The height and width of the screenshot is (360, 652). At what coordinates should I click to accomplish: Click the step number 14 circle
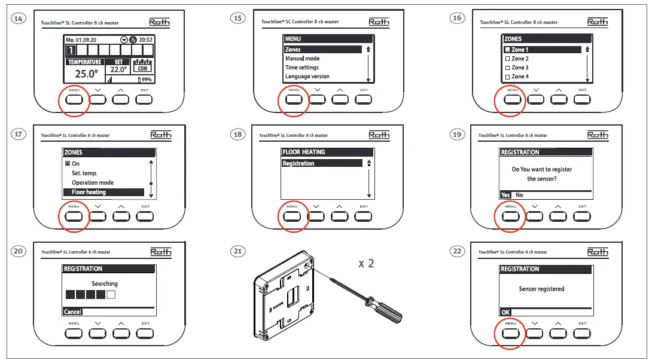pos(19,19)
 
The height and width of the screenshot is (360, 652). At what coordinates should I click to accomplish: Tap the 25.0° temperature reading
pos(86,74)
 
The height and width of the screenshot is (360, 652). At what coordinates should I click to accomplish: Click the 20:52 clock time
pos(145,39)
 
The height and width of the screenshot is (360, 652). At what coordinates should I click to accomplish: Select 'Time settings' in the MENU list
pos(301,68)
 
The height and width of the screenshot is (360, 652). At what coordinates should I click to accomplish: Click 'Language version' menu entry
pos(307,77)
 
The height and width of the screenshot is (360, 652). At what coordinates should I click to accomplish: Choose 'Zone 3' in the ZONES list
pos(519,68)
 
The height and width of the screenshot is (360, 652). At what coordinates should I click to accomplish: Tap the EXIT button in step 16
pos(583,99)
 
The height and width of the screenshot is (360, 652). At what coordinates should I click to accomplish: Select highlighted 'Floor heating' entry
pos(89,192)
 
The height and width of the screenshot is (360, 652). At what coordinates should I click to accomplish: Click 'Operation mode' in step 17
pos(92,182)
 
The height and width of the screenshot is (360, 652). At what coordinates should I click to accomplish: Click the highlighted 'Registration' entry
pos(298,163)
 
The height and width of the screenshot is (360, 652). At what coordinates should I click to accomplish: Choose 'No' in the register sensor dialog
pos(519,195)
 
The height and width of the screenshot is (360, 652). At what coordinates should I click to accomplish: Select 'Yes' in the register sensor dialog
pos(506,195)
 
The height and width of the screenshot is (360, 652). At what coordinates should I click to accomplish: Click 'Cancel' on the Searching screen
pos(72,312)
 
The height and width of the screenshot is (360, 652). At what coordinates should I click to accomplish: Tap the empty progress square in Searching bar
pos(110,295)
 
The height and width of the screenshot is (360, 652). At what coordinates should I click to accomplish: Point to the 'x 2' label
pos(367,264)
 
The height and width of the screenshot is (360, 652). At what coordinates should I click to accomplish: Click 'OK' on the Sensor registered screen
pos(506,312)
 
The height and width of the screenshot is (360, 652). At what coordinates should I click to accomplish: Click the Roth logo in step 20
pos(160,252)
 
